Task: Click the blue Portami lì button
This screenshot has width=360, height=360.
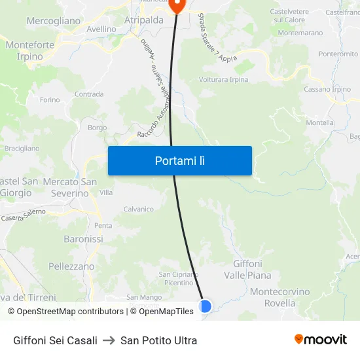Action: click(x=179, y=160)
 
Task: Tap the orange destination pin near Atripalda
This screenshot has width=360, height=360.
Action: click(x=177, y=5)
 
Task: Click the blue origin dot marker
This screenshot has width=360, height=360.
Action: click(x=205, y=306)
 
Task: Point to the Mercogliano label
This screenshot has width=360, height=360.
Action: click(x=54, y=21)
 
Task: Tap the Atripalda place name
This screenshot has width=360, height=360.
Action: click(x=143, y=20)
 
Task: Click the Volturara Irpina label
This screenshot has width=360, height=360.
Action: click(x=223, y=80)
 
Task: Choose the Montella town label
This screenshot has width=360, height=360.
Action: click(x=320, y=122)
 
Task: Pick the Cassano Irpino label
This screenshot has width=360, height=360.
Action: click(x=328, y=90)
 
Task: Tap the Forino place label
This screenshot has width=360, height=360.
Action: click(x=50, y=99)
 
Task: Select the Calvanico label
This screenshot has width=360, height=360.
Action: click(x=138, y=209)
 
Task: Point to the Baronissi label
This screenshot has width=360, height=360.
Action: click(x=83, y=239)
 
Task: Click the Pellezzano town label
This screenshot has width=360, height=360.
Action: click(x=71, y=266)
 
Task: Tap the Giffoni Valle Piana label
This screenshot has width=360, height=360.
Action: click(x=247, y=270)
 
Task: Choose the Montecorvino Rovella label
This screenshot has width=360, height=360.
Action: click(x=279, y=297)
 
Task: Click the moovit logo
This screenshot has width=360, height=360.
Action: click(x=320, y=339)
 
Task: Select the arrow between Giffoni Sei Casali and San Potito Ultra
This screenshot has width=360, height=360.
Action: click(x=109, y=340)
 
